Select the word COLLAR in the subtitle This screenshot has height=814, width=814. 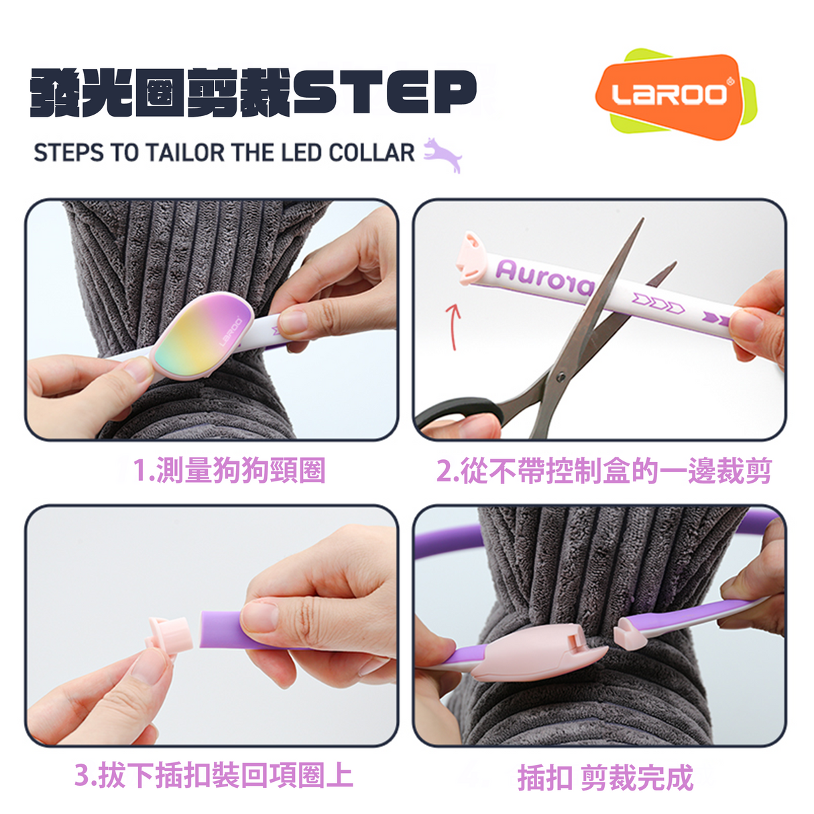pyautogui.click(x=371, y=153)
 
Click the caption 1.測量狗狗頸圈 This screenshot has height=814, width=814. pyautogui.click(x=229, y=471)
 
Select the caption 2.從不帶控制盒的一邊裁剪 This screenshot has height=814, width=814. pyautogui.click(x=603, y=471)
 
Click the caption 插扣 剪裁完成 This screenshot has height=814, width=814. pyautogui.click(x=605, y=778)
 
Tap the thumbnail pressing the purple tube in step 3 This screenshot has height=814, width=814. pyautogui.click(x=258, y=616)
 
